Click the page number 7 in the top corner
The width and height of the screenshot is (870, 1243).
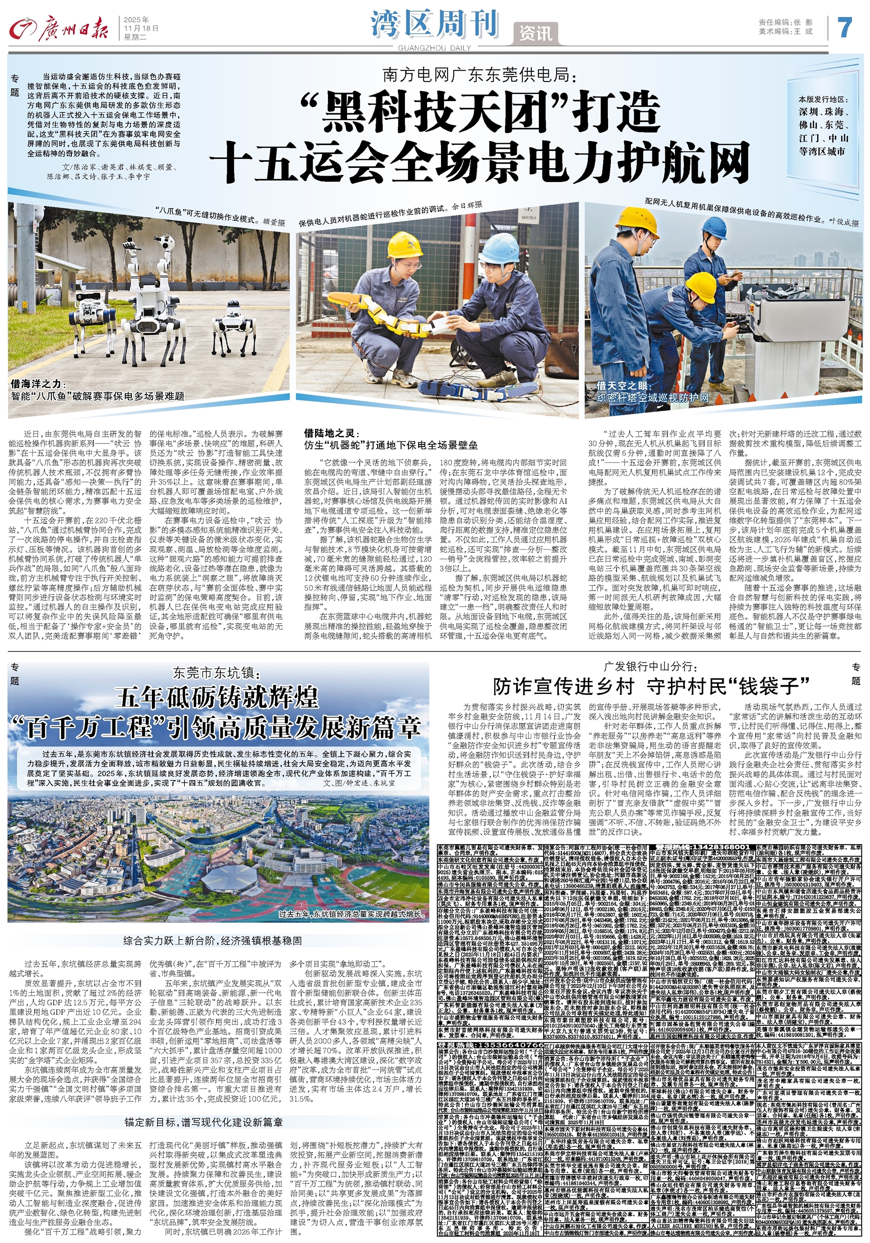[845, 27]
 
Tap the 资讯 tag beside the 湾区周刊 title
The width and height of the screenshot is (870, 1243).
[535, 33]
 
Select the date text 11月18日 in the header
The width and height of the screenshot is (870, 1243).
[141, 28]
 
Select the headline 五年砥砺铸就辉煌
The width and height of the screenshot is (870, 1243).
[216, 697]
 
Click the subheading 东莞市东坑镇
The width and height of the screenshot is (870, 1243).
[216, 673]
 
